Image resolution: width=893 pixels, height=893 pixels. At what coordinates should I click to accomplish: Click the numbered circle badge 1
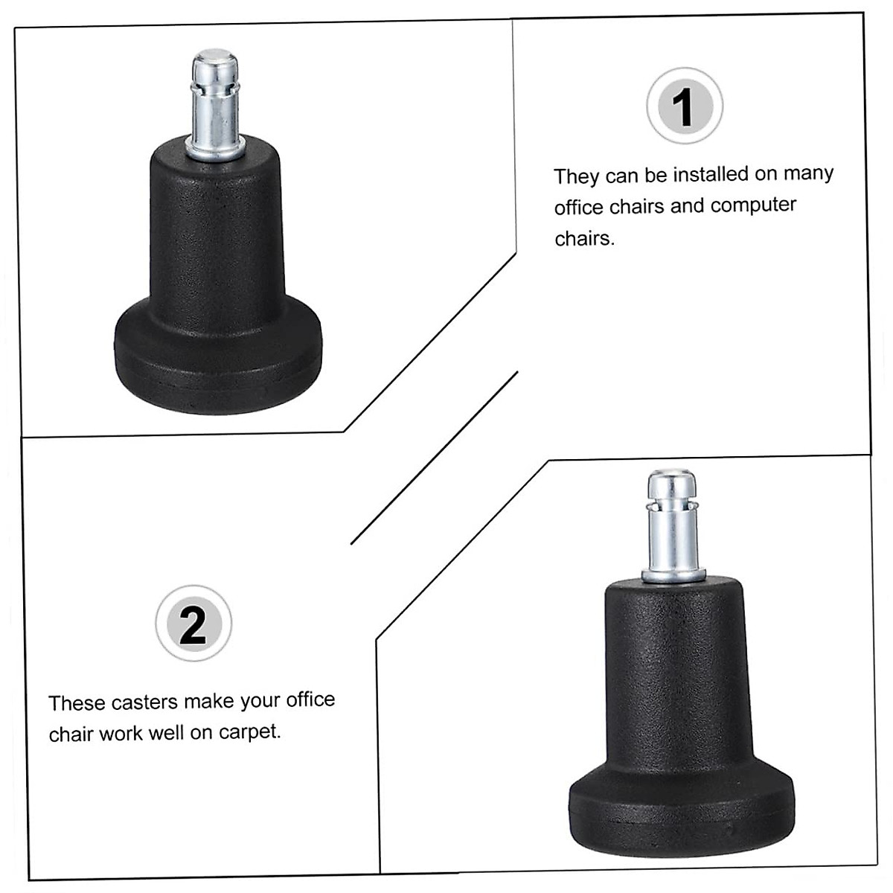click(x=684, y=106)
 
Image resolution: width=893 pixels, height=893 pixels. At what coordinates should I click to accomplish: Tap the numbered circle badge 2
click(x=193, y=624)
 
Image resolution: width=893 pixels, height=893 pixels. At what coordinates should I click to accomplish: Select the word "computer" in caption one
click(x=753, y=205)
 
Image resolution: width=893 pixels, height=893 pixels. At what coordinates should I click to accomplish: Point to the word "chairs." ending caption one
click(x=584, y=239)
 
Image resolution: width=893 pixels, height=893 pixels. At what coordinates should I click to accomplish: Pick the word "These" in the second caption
click(x=76, y=703)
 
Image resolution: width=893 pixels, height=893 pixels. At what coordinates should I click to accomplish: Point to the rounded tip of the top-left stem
click(x=215, y=60)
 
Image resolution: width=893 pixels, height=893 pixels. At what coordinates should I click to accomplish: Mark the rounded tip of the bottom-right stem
click(x=670, y=479)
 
